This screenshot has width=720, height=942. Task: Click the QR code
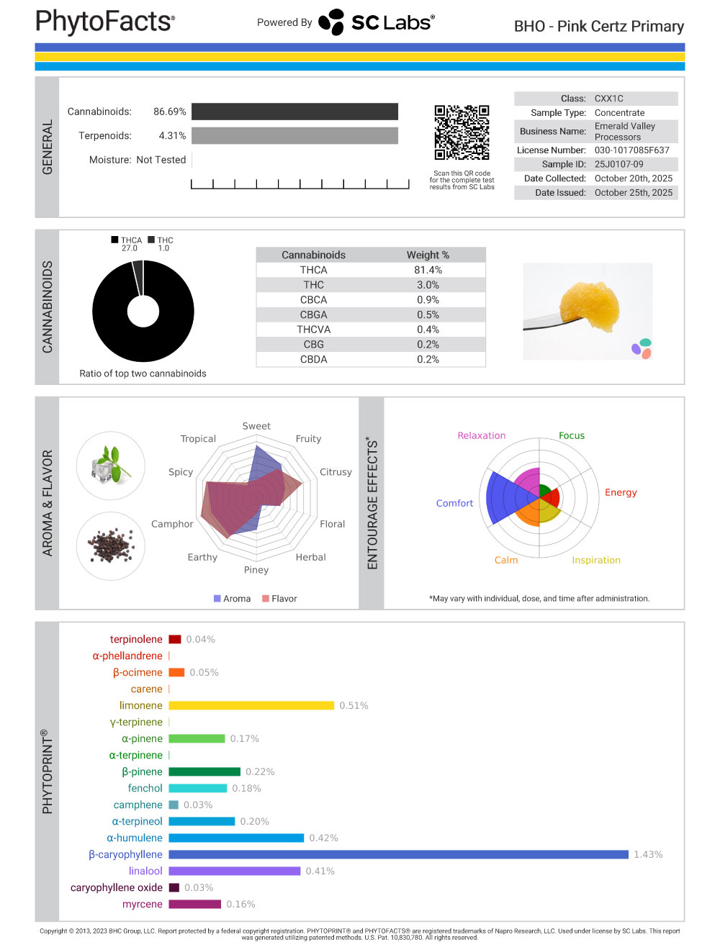(x=462, y=132)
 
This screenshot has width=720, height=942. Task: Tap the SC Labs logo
(x=377, y=22)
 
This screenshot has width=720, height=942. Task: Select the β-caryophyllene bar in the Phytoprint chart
(x=398, y=854)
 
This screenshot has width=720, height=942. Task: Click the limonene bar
(x=251, y=705)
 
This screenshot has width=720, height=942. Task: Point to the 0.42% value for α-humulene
(x=323, y=838)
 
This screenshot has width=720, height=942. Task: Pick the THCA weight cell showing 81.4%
(x=428, y=270)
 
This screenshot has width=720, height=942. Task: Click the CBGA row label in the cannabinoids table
(x=313, y=314)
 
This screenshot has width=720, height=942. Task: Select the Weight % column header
(x=428, y=255)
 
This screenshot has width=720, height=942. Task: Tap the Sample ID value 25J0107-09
(x=618, y=164)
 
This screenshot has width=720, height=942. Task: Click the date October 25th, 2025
(x=633, y=192)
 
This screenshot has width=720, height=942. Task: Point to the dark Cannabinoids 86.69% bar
(x=294, y=112)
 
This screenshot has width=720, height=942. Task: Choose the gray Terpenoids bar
(x=294, y=135)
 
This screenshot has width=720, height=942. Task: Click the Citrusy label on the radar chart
(x=336, y=472)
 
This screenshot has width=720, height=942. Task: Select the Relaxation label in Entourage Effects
(x=481, y=435)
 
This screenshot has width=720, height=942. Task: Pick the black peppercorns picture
(x=110, y=545)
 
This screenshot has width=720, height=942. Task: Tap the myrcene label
(x=142, y=904)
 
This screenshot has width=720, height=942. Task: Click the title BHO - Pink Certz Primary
(x=598, y=27)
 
